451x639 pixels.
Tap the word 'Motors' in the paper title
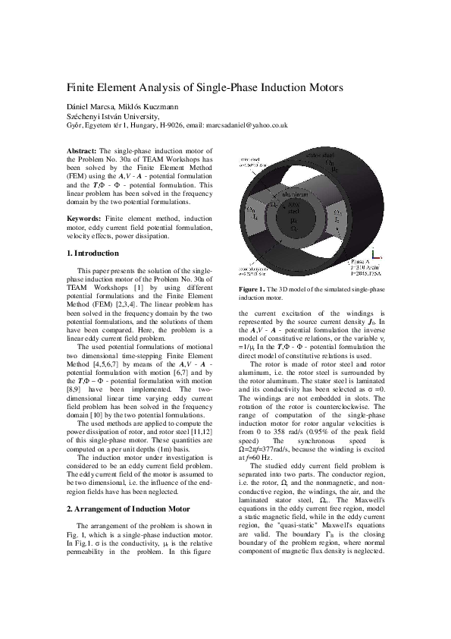click(319, 87)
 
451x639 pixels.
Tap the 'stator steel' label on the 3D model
click(320, 154)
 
